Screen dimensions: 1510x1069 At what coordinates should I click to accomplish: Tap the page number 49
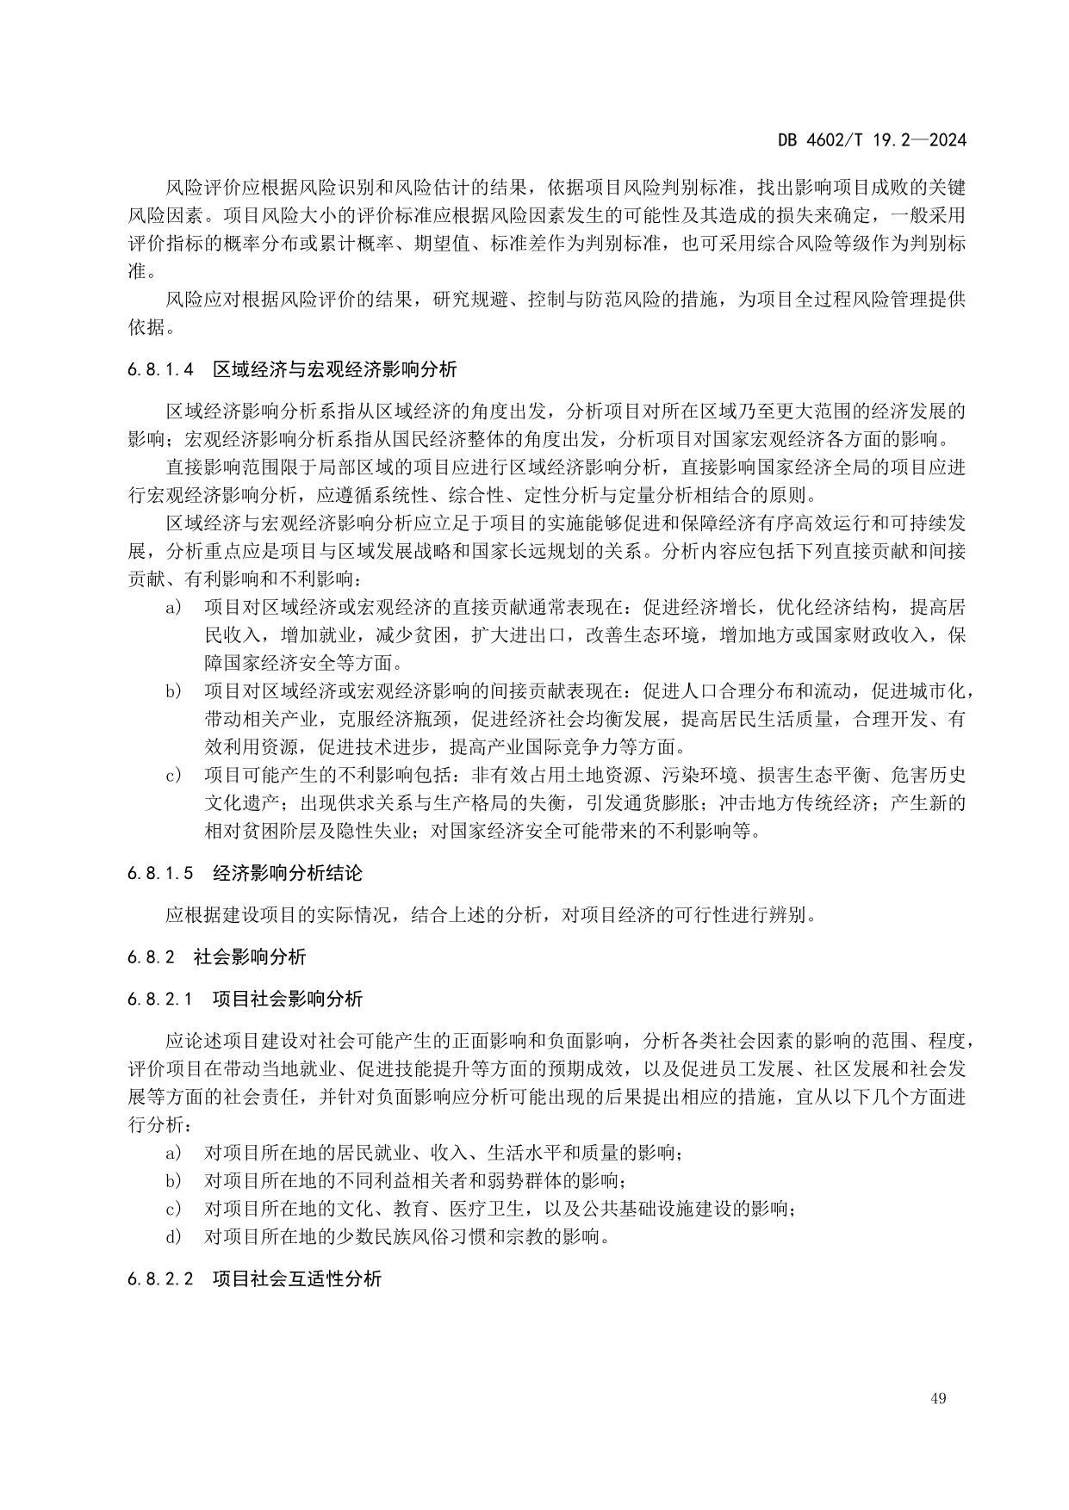click(x=938, y=1398)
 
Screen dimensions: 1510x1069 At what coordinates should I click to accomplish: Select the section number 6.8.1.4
click(x=159, y=370)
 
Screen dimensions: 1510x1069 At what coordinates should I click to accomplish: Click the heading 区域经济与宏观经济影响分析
click(x=335, y=370)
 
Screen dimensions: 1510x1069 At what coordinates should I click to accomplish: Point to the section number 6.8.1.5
click(x=159, y=873)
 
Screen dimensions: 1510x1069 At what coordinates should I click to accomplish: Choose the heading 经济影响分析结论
click(x=288, y=873)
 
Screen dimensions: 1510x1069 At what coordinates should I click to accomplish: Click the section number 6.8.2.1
click(x=159, y=999)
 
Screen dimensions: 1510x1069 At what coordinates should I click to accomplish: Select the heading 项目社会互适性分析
click(x=297, y=1278)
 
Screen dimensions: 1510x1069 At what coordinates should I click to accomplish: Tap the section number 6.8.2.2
click(x=159, y=1278)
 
